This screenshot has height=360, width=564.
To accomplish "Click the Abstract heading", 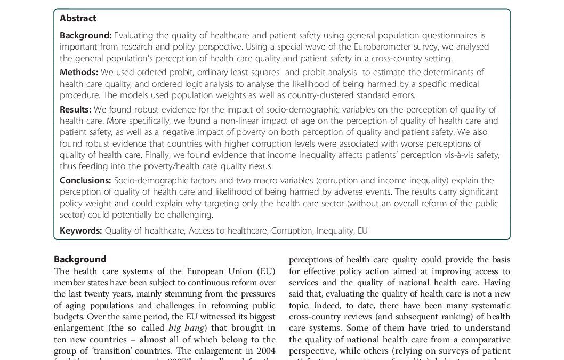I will click(78, 18).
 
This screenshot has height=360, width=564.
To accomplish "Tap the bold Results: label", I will click(76, 109).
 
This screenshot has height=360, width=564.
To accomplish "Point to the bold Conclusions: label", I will click(85, 180).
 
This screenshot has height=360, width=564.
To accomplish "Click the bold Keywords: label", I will click(80, 230).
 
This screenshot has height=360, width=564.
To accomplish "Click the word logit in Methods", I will click(190, 84).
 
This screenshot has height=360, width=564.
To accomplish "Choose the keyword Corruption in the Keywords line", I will click(291, 230).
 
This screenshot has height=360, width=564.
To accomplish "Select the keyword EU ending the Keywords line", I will click(362, 230).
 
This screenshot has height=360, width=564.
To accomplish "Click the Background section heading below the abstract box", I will click(80, 259).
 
